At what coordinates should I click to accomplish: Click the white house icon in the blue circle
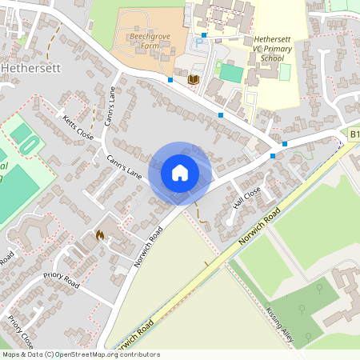(x=180, y=172)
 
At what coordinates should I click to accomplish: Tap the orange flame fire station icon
(x=100, y=234)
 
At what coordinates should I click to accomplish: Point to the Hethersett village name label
(x=28, y=68)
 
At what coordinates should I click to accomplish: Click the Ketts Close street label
(x=78, y=128)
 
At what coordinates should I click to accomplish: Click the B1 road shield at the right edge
(x=354, y=136)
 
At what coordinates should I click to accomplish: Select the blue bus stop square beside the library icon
(x=171, y=80)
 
